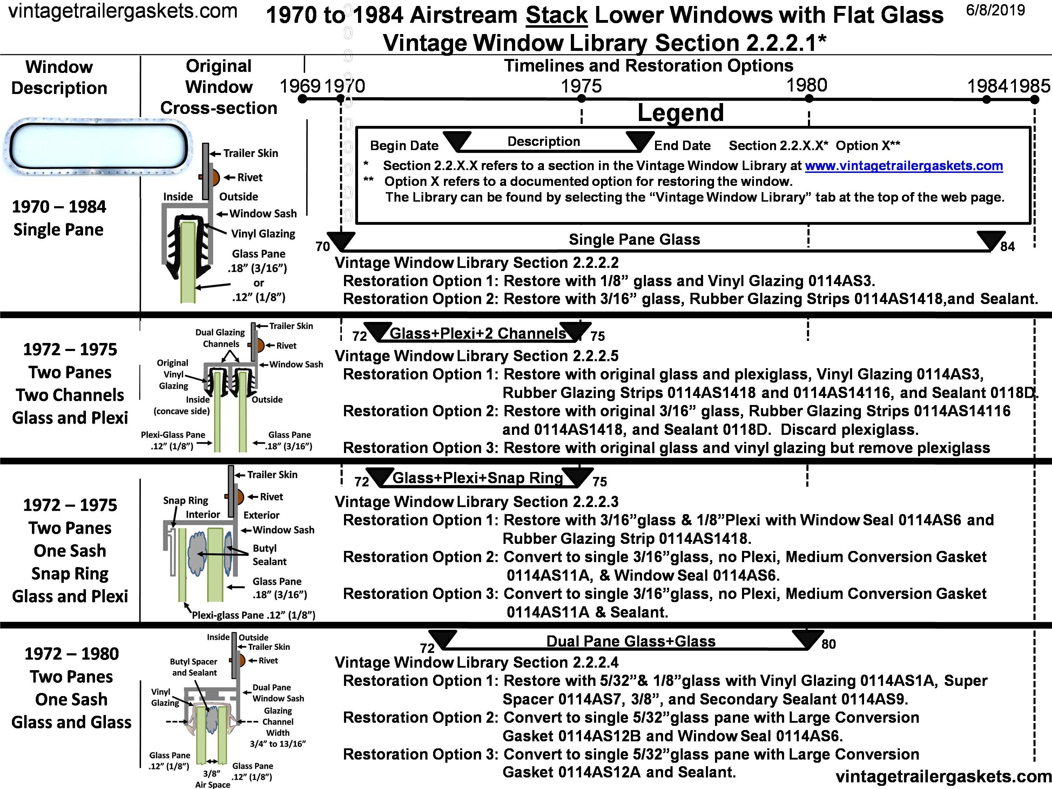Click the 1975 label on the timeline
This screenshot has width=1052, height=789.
click(581, 86)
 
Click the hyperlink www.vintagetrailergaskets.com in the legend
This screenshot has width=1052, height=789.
click(904, 166)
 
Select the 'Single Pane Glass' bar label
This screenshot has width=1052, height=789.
click(634, 239)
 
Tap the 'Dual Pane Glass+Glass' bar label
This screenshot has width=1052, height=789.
click(630, 641)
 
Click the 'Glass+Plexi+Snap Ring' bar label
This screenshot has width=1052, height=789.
click(478, 478)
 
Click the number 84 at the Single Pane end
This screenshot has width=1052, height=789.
click(1007, 247)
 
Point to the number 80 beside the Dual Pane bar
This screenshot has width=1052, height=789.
click(829, 644)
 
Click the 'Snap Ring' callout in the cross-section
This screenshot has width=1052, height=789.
click(186, 500)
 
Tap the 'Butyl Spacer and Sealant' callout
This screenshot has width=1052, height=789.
click(194, 667)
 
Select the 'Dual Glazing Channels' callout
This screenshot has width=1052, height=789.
click(220, 338)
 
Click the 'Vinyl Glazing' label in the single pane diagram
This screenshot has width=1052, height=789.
click(263, 234)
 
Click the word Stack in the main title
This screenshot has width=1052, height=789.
click(557, 15)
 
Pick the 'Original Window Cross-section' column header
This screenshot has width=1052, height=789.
click(219, 87)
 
